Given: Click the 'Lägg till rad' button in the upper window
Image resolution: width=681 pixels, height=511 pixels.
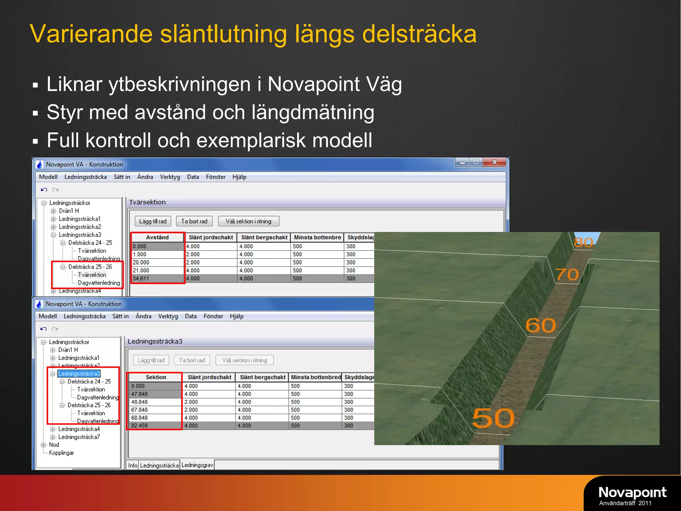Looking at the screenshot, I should [x=153, y=221].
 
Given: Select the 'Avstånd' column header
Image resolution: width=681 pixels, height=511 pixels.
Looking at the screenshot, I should [x=157, y=237].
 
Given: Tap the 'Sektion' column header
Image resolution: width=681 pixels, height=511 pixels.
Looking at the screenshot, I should [x=156, y=377].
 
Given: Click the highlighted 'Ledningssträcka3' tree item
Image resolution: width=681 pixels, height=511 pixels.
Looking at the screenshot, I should [x=79, y=374].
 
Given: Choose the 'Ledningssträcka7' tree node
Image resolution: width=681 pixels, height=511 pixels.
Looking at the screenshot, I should [x=79, y=437].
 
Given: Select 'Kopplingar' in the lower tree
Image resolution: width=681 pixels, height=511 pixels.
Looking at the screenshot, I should [x=61, y=453].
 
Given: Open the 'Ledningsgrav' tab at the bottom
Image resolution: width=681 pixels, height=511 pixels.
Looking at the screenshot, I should [x=197, y=465].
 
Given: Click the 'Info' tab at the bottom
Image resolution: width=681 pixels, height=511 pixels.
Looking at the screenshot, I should [x=133, y=465].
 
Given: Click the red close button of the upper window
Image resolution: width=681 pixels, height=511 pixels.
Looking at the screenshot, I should [x=494, y=162].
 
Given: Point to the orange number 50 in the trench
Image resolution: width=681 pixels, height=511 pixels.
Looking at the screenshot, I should [x=493, y=418].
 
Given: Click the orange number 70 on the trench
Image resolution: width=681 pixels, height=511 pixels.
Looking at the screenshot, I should [x=567, y=274].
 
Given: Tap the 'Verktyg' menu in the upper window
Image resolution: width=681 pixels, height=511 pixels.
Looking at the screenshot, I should [x=170, y=177].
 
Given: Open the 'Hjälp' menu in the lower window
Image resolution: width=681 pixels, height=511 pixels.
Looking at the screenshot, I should [x=236, y=316].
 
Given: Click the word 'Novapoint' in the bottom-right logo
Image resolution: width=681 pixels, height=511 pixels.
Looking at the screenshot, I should [x=632, y=492].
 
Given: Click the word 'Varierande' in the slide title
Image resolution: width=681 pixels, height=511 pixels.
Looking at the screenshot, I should [x=90, y=34].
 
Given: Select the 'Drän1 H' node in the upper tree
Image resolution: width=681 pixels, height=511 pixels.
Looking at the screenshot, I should [x=68, y=211].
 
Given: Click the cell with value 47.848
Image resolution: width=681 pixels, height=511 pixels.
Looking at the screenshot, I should [x=139, y=394].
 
